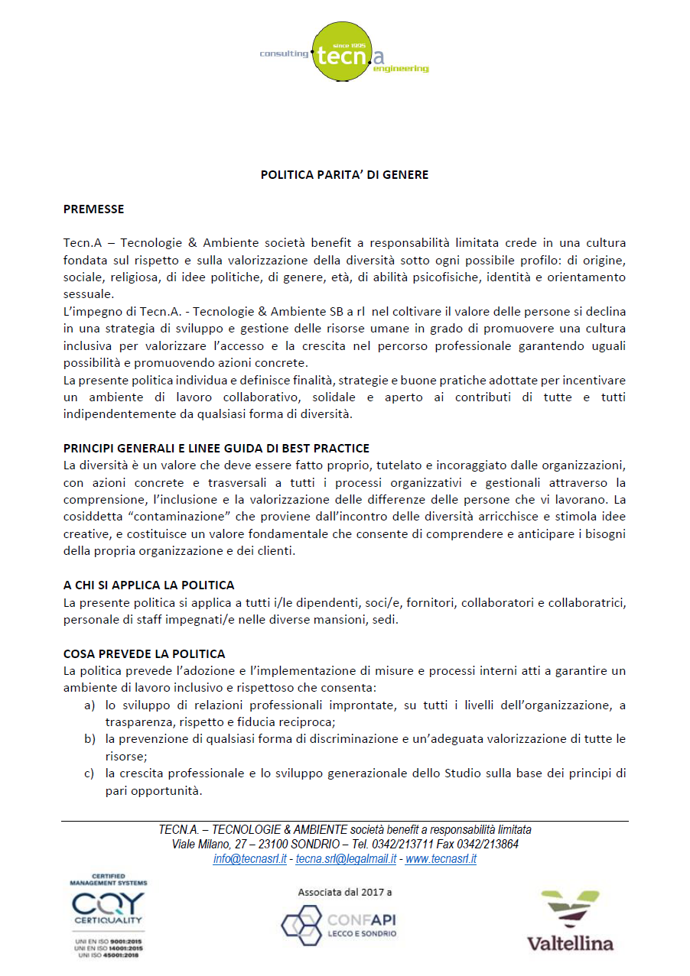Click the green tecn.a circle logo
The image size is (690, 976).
click(343, 51)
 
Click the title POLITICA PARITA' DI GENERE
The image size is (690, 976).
click(344, 175)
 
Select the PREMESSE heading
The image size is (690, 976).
click(93, 209)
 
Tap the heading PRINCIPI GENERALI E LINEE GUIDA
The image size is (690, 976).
click(216, 448)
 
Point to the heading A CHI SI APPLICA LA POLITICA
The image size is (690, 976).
click(148, 585)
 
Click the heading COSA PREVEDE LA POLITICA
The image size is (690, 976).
click(144, 654)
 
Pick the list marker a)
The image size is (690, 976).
click(90, 705)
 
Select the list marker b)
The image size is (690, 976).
click(90, 739)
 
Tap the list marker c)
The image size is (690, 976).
click(90, 773)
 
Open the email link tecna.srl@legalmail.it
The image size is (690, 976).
click(346, 859)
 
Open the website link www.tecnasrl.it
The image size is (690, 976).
click(441, 859)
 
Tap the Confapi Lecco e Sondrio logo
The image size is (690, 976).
click(339, 925)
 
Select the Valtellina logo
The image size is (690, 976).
click(570, 921)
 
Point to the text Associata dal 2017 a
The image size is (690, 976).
click(344, 892)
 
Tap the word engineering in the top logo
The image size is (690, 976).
click(401, 69)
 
